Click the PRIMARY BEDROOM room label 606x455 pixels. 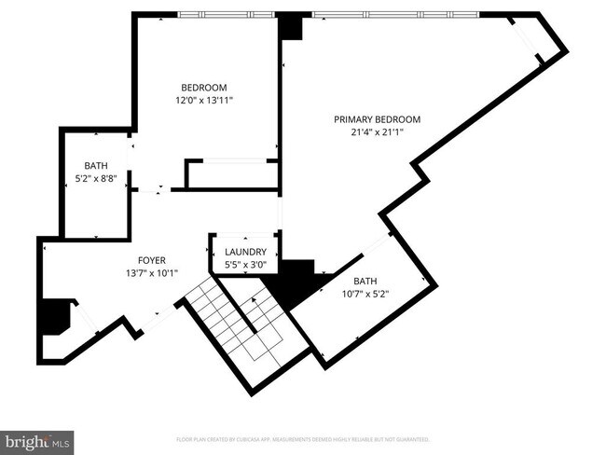[378, 119]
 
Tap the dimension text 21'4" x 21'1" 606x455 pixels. [378, 131]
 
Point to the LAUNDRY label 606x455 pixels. [246, 252]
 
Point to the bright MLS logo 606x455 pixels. [37, 440]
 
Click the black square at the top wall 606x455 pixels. [291, 27]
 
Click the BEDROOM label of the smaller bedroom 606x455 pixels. [204, 88]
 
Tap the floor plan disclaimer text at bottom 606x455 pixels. [303, 438]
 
